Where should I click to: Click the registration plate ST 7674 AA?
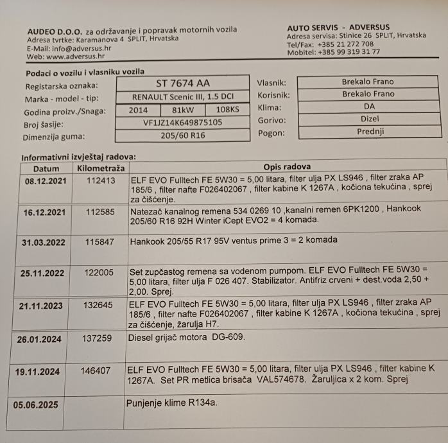[x=182, y=83]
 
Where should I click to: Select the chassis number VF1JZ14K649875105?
[x=182, y=122]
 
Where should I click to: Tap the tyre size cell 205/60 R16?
[x=182, y=135]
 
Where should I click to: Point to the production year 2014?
[x=138, y=109]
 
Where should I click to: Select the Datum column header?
[x=46, y=168]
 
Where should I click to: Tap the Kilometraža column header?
[x=100, y=168]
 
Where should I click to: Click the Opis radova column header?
[x=286, y=167]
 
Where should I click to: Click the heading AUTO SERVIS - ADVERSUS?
[x=338, y=28]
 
